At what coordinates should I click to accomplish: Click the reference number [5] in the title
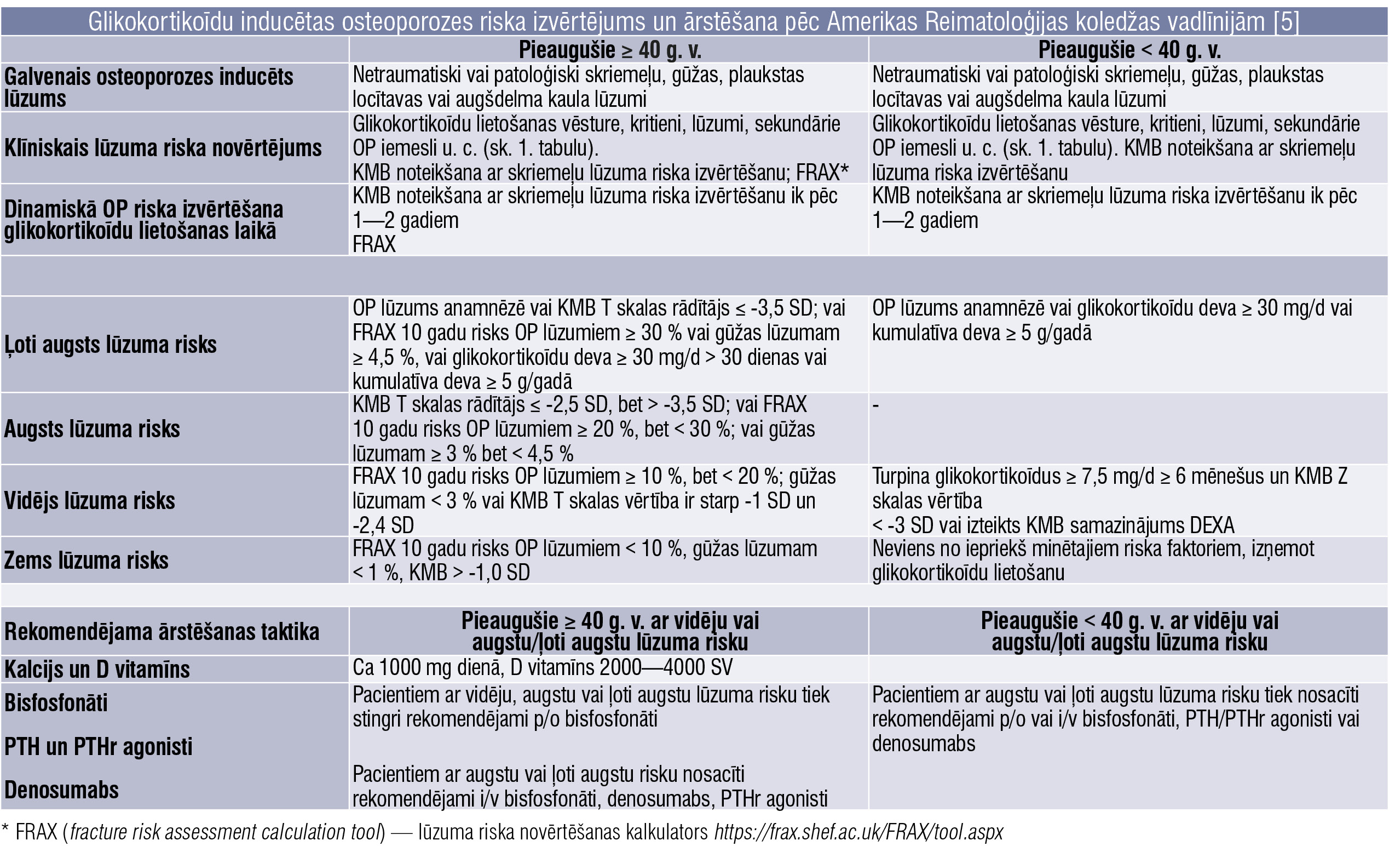tap(1286, 22)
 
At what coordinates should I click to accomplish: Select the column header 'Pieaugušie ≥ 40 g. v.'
tap(609, 50)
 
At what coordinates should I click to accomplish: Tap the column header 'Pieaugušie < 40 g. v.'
tap(1129, 50)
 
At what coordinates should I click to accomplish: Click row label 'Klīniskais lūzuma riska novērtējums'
tap(163, 148)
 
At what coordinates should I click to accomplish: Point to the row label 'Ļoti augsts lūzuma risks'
tap(110, 344)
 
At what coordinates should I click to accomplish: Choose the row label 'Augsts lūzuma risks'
tap(92, 429)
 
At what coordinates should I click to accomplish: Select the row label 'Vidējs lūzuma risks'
tap(90, 501)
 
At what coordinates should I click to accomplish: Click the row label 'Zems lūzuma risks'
tap(87, 560)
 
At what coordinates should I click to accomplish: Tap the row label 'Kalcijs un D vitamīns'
tap(97, 670)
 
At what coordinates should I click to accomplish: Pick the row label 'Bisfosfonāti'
tap(56, 703)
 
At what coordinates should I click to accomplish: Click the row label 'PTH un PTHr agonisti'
tap(98, 746)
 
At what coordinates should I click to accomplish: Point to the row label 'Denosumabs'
tap(61, 790)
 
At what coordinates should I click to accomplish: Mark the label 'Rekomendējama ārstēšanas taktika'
tap(162, 632)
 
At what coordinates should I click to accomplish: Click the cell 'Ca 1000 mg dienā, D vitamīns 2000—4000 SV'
tap(543, 668)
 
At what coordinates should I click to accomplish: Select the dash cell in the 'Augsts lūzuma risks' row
tap(875, 405)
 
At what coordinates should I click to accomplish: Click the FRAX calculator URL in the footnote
tap(858, 832)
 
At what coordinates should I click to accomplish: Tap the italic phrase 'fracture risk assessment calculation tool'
tap(226, 832)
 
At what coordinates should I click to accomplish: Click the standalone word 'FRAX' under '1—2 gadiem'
tap(374, 244)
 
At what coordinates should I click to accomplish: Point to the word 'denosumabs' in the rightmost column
tap(924, 744)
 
